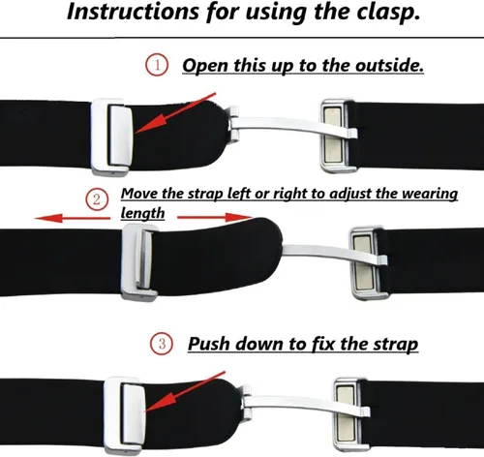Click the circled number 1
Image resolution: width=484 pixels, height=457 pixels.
pos(157,65)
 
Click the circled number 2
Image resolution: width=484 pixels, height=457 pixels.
pos(97,199)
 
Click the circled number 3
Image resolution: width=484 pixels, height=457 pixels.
pos(162,343)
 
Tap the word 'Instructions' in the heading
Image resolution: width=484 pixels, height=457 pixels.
pos(133,13)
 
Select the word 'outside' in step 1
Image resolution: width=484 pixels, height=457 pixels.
pos(389,65)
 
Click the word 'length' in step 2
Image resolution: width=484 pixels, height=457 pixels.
pos(142,214)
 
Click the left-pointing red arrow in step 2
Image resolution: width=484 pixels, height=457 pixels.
pos(73,219)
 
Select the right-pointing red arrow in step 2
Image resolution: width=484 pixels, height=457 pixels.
pos(215,217)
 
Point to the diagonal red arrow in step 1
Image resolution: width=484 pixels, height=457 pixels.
pos(175,113)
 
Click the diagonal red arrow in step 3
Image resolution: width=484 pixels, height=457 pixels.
pos(185,391)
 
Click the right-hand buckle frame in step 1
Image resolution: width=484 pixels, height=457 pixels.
pos(337,136)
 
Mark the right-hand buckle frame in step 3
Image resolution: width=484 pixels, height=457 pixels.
pos(350,414)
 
